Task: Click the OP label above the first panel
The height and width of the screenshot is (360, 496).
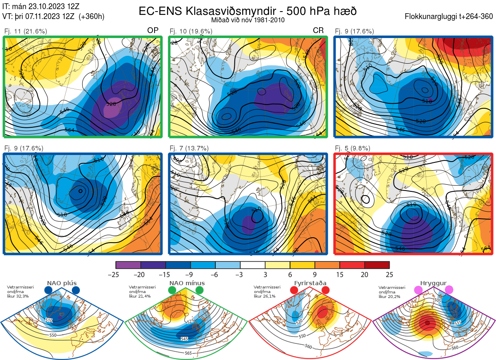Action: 153,31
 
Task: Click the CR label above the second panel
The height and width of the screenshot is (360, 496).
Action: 318,31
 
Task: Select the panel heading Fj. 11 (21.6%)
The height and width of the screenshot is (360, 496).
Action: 26,31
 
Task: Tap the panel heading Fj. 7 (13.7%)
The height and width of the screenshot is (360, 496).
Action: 189,148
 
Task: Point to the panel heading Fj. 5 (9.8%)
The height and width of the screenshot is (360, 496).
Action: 352,148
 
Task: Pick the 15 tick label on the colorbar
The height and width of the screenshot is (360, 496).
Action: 340,274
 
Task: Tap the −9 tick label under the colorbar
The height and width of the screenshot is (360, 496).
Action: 190,274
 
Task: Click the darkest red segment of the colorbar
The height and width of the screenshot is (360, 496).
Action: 377,265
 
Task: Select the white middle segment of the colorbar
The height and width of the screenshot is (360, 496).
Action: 253,265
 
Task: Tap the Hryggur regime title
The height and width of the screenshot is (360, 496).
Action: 433,283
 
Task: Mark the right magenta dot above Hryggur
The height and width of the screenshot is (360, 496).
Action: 449,290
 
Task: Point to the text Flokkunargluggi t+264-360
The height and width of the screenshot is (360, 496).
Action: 450,17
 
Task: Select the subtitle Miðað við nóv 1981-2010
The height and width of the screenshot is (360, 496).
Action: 248,20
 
